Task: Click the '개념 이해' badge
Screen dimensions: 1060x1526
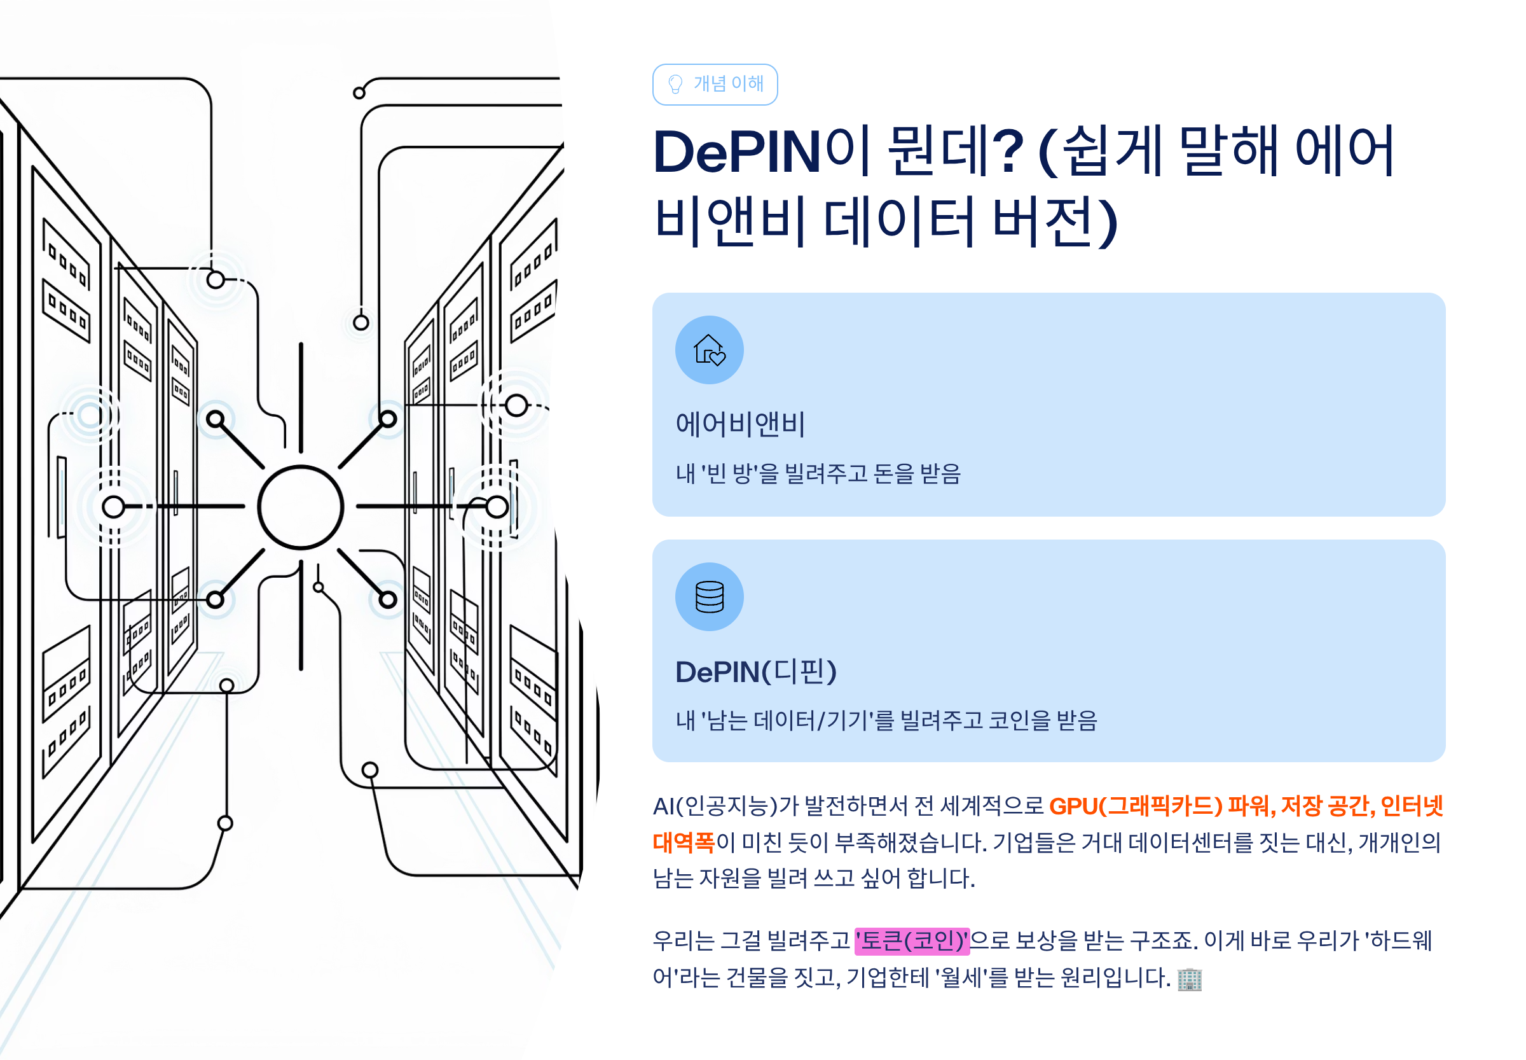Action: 714,85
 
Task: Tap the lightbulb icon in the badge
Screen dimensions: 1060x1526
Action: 675,85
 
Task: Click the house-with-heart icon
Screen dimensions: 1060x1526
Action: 709,350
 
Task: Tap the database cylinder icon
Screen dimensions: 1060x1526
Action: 709,596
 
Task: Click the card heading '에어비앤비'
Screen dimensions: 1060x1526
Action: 739,424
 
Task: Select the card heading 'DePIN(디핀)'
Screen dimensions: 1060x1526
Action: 755,671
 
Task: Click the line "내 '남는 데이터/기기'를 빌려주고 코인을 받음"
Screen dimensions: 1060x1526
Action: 886,720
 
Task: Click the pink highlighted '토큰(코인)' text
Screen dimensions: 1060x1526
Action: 912,941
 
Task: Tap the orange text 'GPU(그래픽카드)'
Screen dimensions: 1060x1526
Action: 1135,806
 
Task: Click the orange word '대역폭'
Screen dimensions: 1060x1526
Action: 683,842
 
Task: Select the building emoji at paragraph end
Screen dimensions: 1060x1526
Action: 1189,979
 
